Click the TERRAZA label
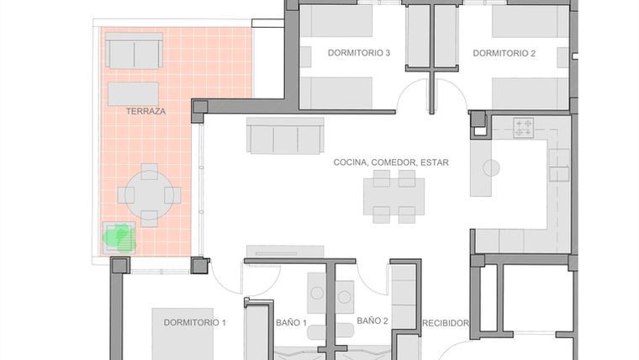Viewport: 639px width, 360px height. click(145, 111)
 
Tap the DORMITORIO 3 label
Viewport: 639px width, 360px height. click(359, 53)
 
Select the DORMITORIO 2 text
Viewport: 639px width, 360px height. click(504, 53)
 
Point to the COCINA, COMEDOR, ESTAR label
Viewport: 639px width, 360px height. click(391, 162)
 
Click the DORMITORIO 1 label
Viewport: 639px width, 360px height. click(195, 322)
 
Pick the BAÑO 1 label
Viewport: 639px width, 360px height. click(292, 323)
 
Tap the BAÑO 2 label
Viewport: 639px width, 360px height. click(372, 320)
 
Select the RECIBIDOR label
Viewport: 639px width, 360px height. click(446, 323)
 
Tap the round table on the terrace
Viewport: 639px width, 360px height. click(150, 195)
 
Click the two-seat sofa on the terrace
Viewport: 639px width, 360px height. click(134, 50)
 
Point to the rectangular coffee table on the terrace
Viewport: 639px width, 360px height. click(133, 94)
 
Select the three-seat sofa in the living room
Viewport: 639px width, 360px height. click(285, 135)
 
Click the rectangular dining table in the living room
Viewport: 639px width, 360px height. click(394, 197)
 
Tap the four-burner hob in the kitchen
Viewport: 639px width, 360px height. click(523, 128)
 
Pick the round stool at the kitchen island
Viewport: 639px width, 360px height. click(492, 167)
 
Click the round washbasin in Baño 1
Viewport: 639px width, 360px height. click(317, 293)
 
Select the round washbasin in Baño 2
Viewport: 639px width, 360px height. click(345, 297)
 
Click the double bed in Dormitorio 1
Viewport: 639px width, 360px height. click(183, 334)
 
